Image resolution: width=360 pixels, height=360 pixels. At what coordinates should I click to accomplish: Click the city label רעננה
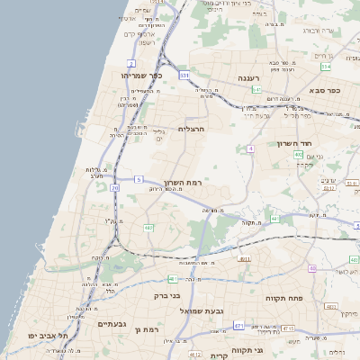(x=249, y=79)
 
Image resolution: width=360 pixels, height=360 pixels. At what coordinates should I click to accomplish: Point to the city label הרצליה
(x=192, y=129)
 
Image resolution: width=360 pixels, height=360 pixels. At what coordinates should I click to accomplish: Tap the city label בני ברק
(x=166, y=294)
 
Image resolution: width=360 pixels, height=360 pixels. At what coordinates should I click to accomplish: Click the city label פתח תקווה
(x=282, y=298)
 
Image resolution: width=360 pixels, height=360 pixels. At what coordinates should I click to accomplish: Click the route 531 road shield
(x=184, y=76)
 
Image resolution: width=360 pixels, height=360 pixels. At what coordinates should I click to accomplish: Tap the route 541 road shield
(x=256, y=90)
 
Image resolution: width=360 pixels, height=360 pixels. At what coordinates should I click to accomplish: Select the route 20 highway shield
(x=115, y=188)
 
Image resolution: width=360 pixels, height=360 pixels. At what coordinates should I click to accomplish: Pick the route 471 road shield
(x=238, y=325)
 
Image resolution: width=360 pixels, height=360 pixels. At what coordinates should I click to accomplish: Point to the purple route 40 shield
(x=311, y=268)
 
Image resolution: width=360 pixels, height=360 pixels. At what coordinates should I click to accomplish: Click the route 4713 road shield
(x=287, y=328)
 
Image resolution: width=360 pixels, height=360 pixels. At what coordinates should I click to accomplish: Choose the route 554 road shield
(x=326, y=67)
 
